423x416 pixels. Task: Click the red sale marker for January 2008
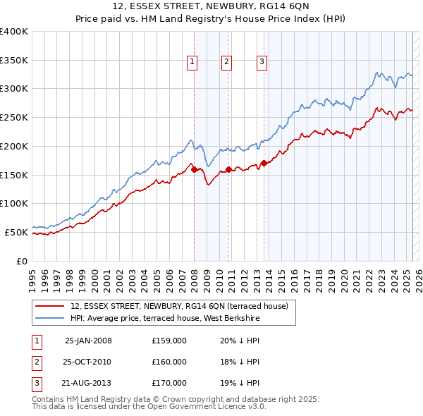[x=194, y=169]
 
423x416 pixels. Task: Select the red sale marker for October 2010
[x=228, y=169]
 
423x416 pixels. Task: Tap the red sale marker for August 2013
[x=264, y=164]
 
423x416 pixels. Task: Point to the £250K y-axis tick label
[x=14, y=117]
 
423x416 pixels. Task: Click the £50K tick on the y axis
[x=16, y=232]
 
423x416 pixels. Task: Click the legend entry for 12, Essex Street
[x=179, y=306]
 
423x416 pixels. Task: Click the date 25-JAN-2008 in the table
[x=88, y=341]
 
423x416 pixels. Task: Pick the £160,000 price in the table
[x=169, y=362]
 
